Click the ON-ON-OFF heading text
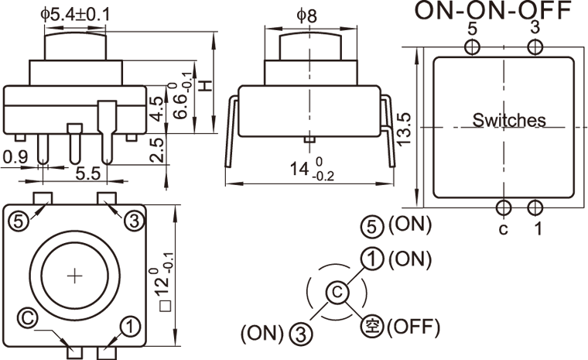pos(493,11)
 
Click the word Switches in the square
pos(508,120)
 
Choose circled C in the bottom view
pos(28,317)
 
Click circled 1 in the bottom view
pos(131,327)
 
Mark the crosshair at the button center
pos(74,275)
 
